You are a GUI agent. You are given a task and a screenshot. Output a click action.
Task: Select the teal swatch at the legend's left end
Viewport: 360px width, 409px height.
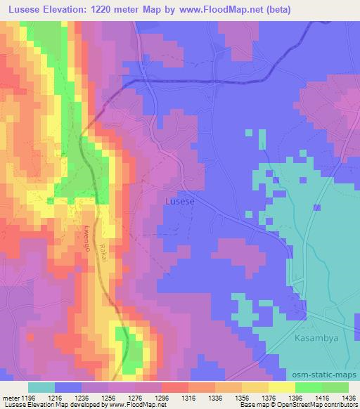tap(41, 387)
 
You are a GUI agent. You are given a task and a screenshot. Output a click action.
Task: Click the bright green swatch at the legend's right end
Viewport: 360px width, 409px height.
tap(335, 387)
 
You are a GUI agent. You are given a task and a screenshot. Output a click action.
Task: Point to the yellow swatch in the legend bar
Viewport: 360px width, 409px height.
tap(281, 387)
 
